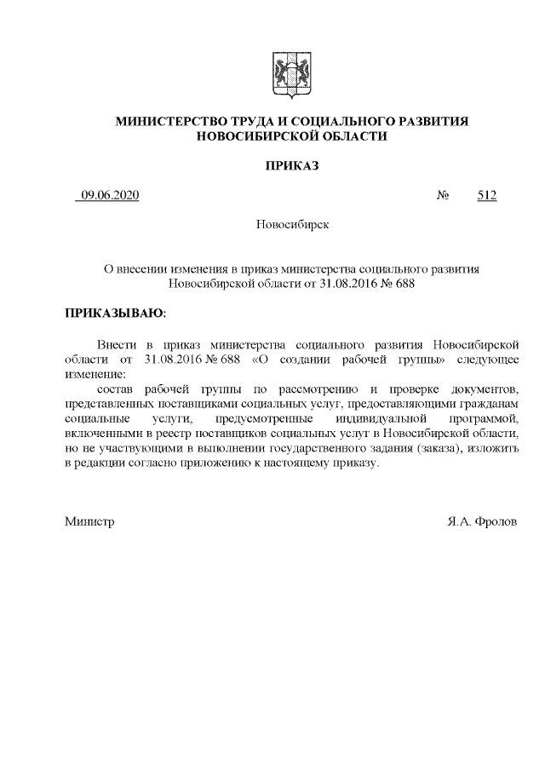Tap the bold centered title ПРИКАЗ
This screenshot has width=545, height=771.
pyautogui.click(x=291, y=165)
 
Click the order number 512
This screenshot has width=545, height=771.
pyautogui.click(x=486, y=196)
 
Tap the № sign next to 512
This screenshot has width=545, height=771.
pyautogui.click(x=443, y=196)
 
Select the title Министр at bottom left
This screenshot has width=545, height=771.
pyautogui.click(x=89, y=520)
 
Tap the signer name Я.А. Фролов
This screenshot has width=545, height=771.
pyautogui.click(x=481, y=520)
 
